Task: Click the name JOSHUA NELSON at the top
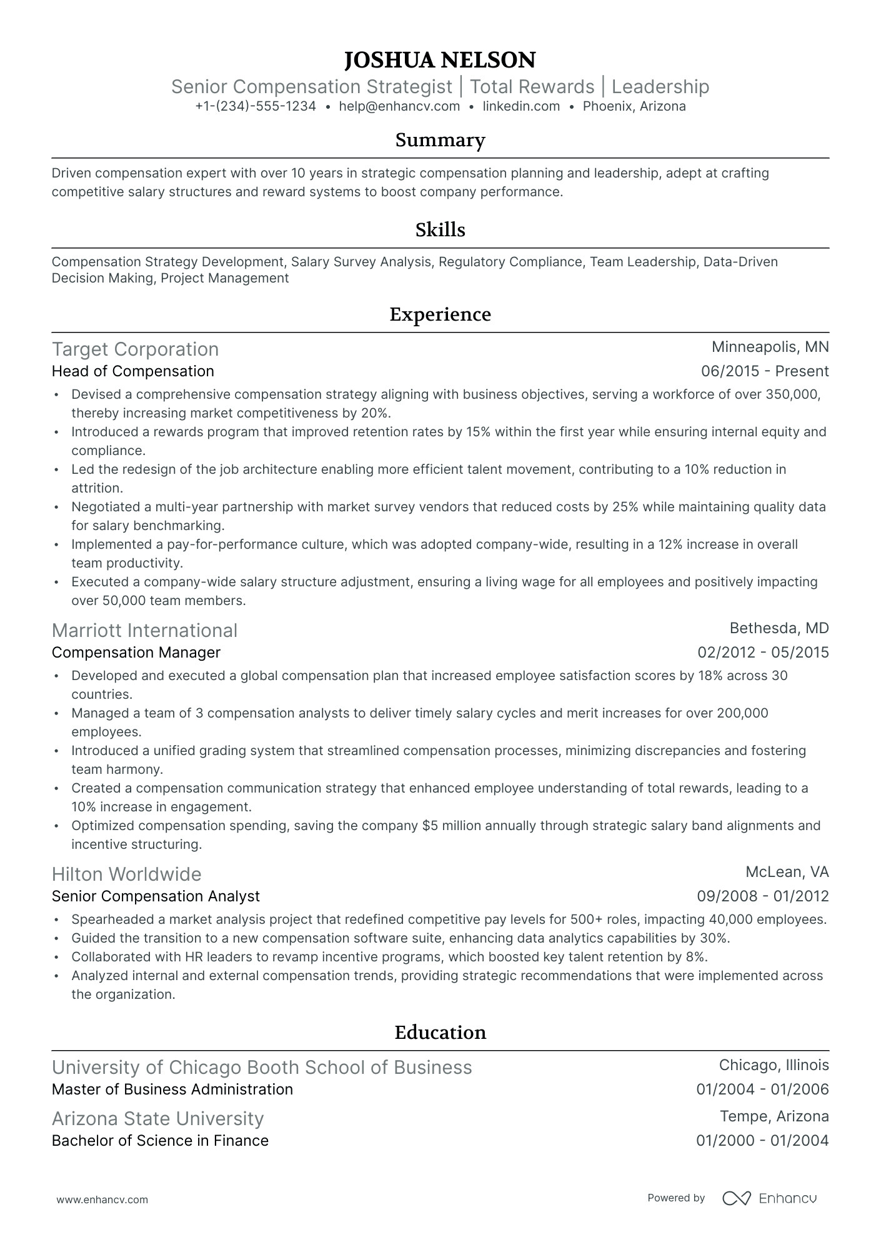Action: pyautogui.click(x=440, y=60)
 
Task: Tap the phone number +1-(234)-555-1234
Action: pyautogui.click(x=255, y=106)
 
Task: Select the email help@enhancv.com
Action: pyautogui.click(x=399, y=106)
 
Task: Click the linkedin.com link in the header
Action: pyautogui.click(x=521, y=106)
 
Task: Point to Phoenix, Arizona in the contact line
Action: pyautogui.click(x=634, y=106)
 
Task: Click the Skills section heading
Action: pyautogui.click(x=440, y=230)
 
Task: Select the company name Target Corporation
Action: pyautogui.click(x=135, y=349)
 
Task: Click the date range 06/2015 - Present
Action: pyautogui.click(x=765, y=371)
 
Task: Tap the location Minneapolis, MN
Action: pyautogui.click(x=770, y=347)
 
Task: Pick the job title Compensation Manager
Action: pyautogui.click(x=136, y=653)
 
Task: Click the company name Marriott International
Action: pyautogui.click(x=144, y=630)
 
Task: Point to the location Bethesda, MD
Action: pyautogui.click(x=779, y=628)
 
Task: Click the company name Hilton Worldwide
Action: pyautogui.click(x=126, y=874)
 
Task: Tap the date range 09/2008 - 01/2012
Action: pyautogui.click(x=762, y=896)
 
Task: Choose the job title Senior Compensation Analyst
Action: pyautogui.click(x=156, y=896)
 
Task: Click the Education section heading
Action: pyautogui.click(x=440, y=1032)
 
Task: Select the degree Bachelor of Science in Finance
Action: pyautogui.click(x=160, y=1141)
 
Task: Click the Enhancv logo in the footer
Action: pyautogui.click(x=770, y=1198)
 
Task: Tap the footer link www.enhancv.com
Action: pyautogui.click(x=102, y=1199)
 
